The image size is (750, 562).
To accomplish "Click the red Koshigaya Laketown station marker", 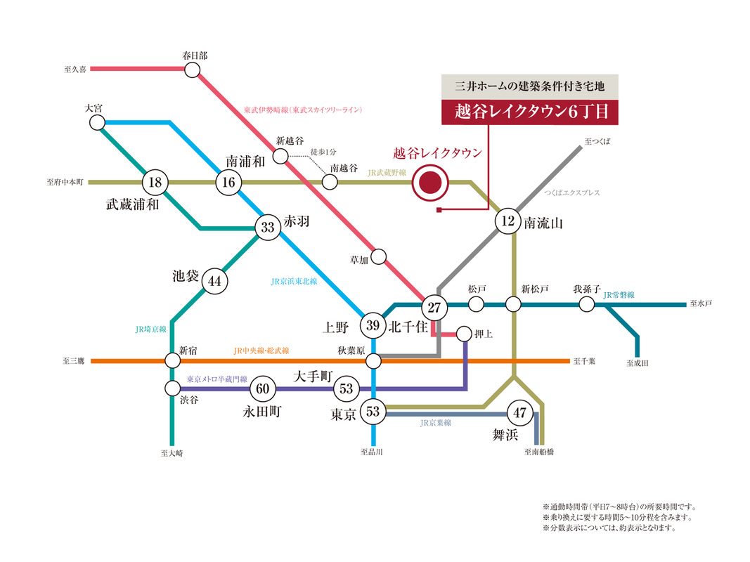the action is (430, 183).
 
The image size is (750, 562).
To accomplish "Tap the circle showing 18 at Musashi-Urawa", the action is (155, 182).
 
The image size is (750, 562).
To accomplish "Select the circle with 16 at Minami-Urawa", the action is (228, 182).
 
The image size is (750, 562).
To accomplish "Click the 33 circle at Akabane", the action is (268, 227).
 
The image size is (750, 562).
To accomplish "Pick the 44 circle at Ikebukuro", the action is (215, 281).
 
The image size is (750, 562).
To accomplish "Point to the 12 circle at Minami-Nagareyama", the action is (507, 221).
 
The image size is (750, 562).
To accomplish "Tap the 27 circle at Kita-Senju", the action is (434, 307).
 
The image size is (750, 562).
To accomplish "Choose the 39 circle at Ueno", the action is (373, 325).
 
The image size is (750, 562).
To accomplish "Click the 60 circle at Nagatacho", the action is (263, 388).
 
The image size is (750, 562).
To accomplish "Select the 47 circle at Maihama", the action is (520, 412).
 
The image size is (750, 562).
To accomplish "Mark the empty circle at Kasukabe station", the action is (193, 70).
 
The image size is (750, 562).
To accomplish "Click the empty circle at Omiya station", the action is (97, 122).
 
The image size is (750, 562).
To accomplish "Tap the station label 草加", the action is (359, 260).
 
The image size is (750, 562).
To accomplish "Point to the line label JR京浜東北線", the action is (294, 282).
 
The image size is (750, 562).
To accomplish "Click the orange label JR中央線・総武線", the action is (261, 351).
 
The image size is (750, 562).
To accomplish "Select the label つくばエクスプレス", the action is (572, 192).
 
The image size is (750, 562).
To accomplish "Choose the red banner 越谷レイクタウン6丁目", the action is (530, 112).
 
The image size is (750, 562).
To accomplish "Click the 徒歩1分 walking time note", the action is (323, 152).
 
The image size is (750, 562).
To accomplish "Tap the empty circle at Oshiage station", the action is (464, 334).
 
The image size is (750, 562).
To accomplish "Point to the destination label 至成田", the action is (638, 363).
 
